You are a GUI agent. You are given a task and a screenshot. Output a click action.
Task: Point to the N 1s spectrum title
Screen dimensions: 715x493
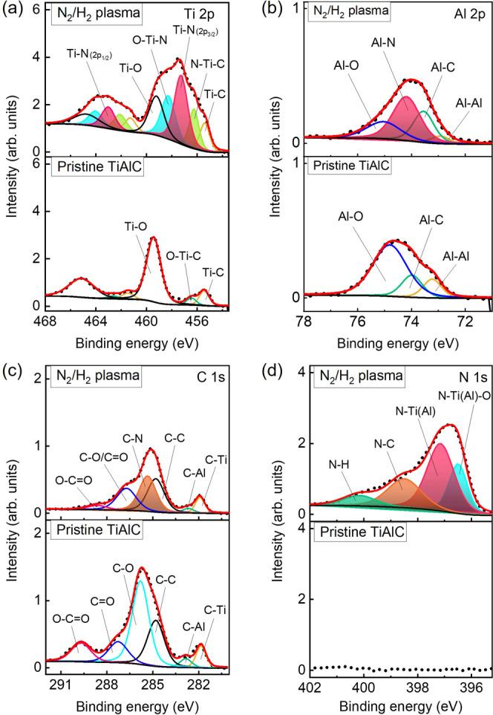point(466,376)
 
